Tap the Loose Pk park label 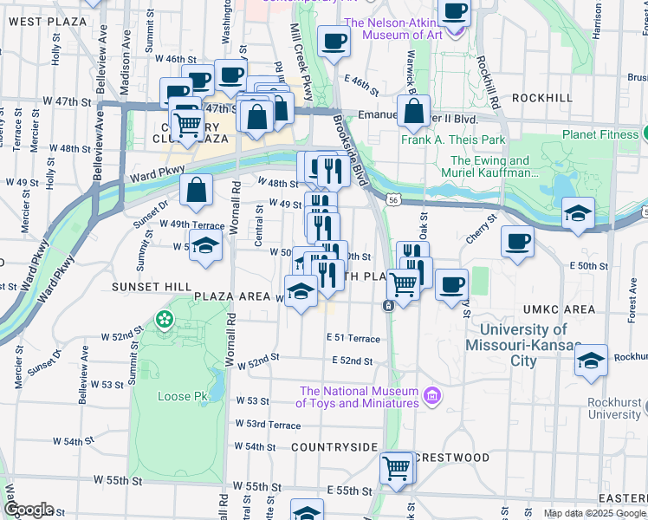(x=182, y=397)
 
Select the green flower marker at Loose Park (x=164, y=321)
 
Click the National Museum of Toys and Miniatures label (x=357, y=397)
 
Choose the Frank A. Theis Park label (x=452, y=140)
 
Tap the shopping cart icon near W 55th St (x=397, y=468)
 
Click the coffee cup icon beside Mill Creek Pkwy (x=334, y=41)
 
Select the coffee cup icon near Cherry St (x=517, y=241)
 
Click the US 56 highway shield (x=394, y=199)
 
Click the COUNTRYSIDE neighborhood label (x=334, y=446)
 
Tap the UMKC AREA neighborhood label (x=559, y=309)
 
